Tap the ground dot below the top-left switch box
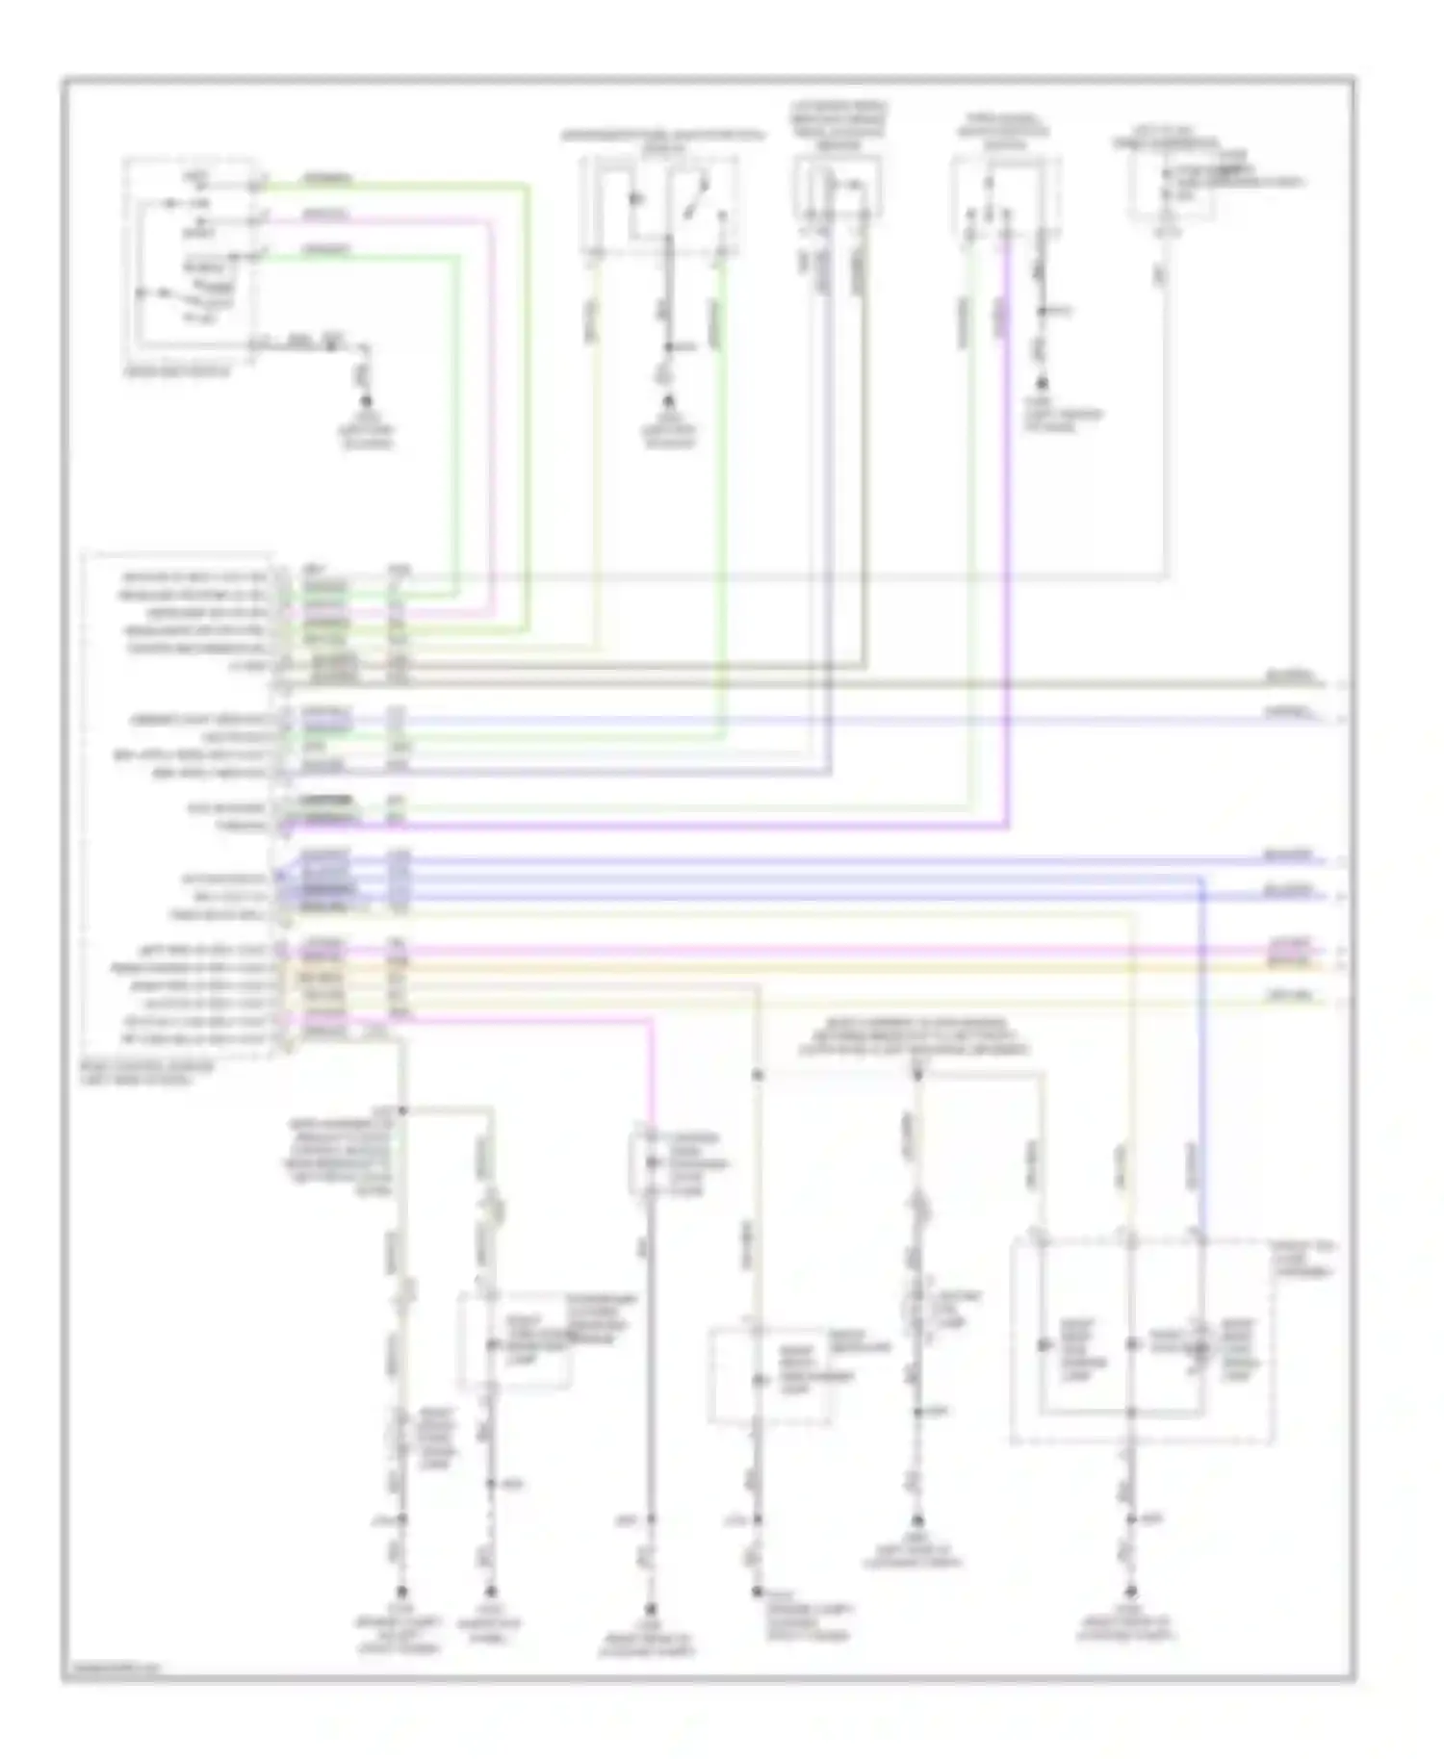(x=366, y=401)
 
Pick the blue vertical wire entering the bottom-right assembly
(x=1201, y=1058)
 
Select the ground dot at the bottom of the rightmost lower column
(x=1132, y=1592)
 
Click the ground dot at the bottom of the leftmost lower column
(x=402, y=1592)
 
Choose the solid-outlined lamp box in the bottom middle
(x=770, y=1375)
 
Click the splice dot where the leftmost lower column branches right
(x=402, y=1109)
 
